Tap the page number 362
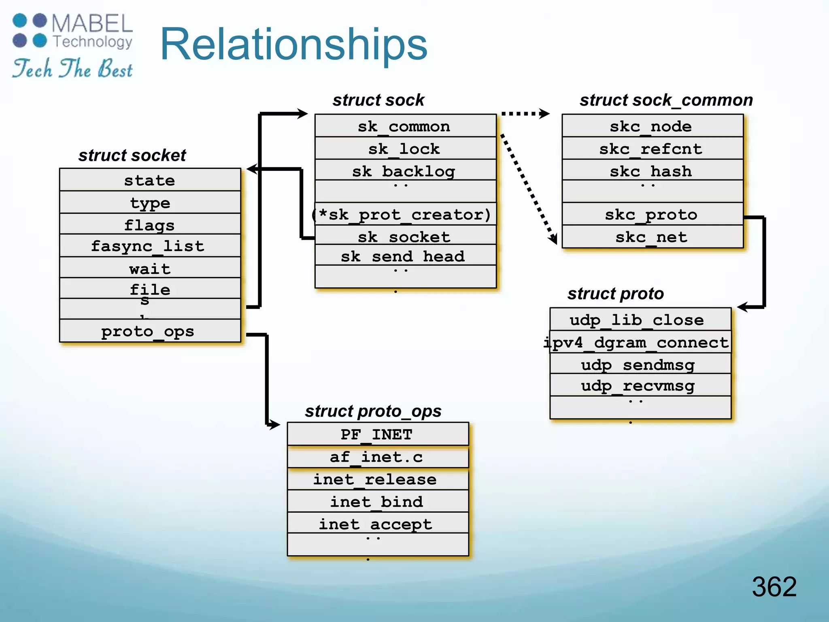774,586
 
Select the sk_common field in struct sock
404,126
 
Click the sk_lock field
404,149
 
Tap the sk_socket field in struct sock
404,237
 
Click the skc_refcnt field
651,149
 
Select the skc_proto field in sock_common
651,215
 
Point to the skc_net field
651,237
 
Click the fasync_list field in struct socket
148,246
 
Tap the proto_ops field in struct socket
148,331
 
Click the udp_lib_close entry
637,320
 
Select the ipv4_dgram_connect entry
637,343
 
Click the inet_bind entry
376,502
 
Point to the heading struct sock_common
666,100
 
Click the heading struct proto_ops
373,411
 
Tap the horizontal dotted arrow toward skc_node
525,114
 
